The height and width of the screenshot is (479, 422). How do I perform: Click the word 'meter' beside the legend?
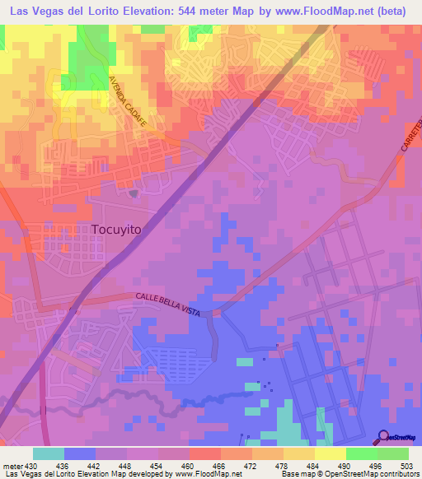[12, 466]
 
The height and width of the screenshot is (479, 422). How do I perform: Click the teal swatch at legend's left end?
[48, 453]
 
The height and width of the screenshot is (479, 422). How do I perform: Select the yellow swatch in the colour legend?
[330, 453]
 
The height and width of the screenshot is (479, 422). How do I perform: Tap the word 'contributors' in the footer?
[396, 475]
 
